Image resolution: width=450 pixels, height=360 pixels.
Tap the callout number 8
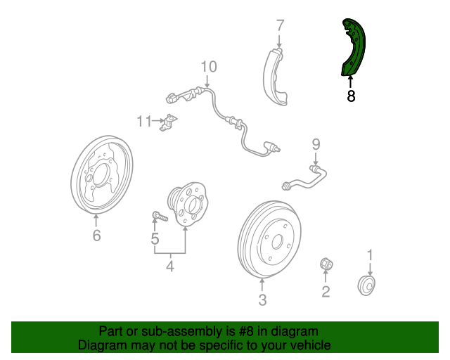[351, 96]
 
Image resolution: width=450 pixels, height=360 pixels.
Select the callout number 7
[280, 25]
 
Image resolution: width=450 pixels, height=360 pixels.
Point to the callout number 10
[209, 67]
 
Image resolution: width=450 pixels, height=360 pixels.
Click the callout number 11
[144, 121]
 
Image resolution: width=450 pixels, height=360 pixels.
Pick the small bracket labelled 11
[168, 122]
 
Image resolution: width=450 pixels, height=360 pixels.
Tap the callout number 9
[316, 144]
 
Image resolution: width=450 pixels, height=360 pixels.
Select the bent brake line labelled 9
[304, 178]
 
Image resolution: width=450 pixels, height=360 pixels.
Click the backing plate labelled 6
[102, 175]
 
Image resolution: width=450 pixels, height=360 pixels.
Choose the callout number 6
[97, 235]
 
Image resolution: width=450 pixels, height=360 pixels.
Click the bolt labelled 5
[160, 216]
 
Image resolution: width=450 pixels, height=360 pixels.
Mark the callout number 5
[155, 238]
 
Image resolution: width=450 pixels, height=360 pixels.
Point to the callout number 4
[170, 266]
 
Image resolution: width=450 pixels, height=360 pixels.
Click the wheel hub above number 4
[188, 204]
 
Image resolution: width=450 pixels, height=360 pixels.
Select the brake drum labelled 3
[269, 240]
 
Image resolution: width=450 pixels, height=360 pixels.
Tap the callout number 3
[262, 300]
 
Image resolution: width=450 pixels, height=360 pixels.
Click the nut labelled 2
[326, 264]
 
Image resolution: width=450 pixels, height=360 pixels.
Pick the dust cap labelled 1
[366, 285]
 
